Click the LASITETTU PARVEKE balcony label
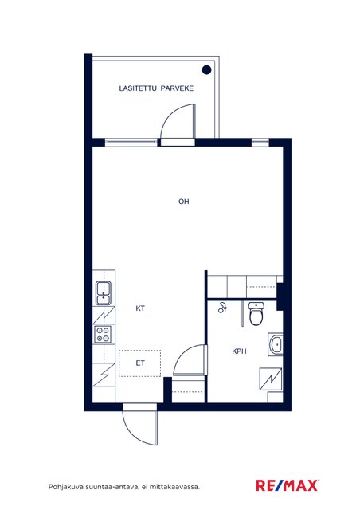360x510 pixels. (156, 88)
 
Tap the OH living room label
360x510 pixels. (184, 202)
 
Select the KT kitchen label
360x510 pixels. (140, 308)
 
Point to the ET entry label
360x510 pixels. (140, 363)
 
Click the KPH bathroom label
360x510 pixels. (239, 351)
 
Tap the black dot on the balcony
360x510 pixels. (206, 69)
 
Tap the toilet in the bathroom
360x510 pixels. (256, 313)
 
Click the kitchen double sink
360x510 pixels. (104, 292)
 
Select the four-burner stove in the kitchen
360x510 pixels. (103, 335)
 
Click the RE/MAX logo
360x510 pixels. (288, 485)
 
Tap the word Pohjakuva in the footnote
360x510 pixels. (65, 487)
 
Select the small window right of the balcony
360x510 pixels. (260, 142)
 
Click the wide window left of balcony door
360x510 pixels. (131, 142)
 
